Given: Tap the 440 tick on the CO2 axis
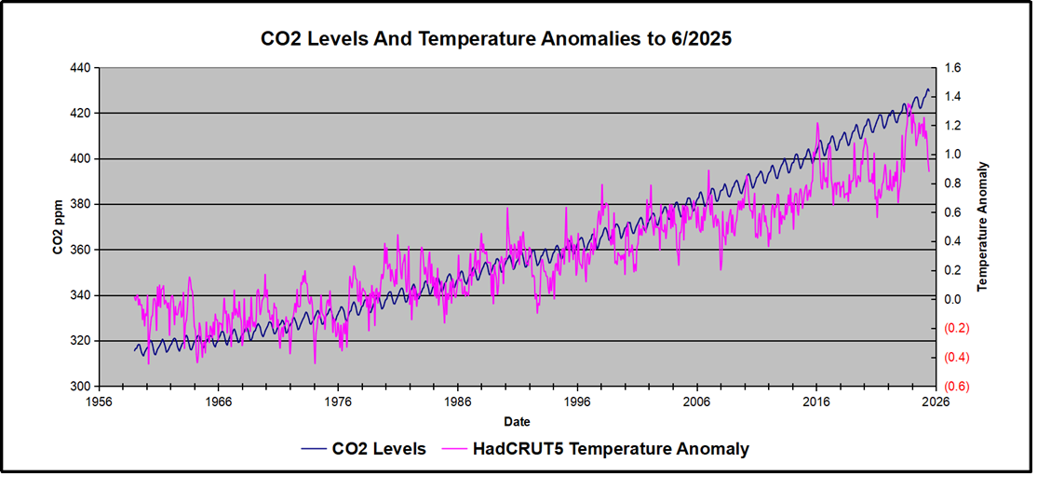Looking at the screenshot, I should click(x=80, y=68).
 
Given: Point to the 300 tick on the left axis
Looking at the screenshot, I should click(x=80, y=387).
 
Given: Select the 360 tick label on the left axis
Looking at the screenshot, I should click(x=80, y=250).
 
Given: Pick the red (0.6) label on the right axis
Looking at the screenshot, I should click(x=960, y=387).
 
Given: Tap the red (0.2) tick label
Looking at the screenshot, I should click(x=960, y=329).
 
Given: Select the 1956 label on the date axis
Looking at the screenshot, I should click(x=99, y=402).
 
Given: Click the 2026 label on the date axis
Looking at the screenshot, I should click(x=936, y=402).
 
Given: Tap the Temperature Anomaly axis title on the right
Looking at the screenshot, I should click(x=983, y=227).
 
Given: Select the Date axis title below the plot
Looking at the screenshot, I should click(x=518, y=421).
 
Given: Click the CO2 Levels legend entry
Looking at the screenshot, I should click(x=379, y=449).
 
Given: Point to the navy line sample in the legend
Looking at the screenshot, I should click(x=314, y=449).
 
